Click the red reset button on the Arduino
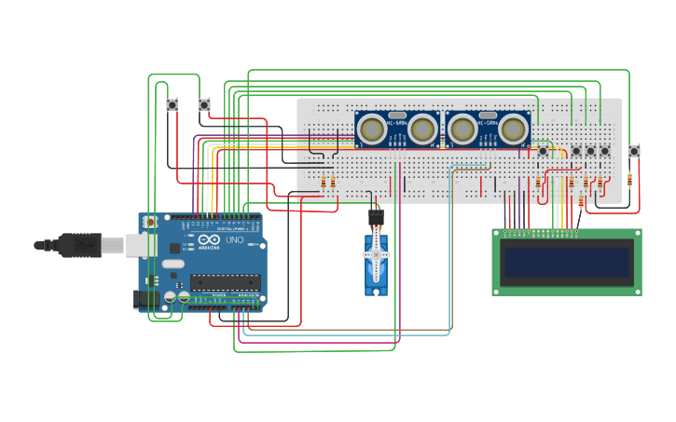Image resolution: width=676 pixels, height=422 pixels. point(151,224)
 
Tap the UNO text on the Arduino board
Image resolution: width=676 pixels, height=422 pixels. point(234,240)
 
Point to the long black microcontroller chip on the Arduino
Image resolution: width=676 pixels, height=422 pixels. point(225,281)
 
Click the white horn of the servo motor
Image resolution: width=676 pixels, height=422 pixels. point(377,258)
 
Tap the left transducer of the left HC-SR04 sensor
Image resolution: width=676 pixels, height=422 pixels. point(372,130)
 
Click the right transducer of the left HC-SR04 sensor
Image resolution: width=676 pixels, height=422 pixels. point(422,130)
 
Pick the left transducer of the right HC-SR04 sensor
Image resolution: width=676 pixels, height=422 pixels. point(462,130)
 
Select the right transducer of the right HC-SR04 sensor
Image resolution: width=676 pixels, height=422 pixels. point(513,130)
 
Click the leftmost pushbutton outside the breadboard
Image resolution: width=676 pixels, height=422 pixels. point(172,105)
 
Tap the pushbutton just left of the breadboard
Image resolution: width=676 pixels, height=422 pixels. point(204,105)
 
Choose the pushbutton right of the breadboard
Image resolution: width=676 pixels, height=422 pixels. point(634,151)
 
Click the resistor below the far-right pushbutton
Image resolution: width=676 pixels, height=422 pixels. point(629,179)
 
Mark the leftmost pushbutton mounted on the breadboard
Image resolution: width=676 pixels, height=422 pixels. point(544,151)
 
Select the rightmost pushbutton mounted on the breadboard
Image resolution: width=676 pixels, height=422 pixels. point(604,151)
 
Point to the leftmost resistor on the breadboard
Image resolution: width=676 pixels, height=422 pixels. point(324,183)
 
